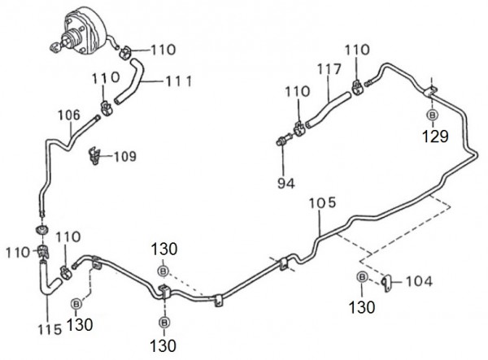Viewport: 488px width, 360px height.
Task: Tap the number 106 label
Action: click(x=70, y=115)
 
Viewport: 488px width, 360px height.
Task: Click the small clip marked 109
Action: click(x=96, y=152)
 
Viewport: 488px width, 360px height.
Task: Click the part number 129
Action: click(x=434, y=137)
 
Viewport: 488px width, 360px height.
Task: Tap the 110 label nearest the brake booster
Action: click(x=163, y=50)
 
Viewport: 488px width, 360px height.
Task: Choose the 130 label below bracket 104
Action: click(x=363, y=306)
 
